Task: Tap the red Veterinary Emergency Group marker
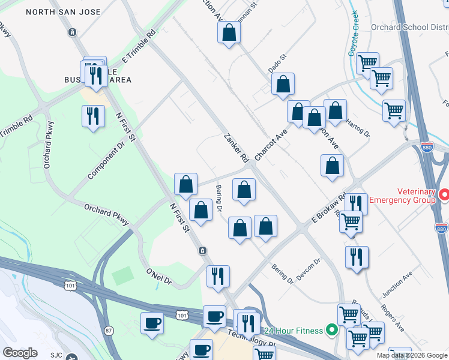[444, 196]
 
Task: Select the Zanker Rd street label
[236, 148]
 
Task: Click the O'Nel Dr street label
[159, 277]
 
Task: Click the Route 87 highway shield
[109, 331]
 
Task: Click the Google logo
[20, 353]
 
